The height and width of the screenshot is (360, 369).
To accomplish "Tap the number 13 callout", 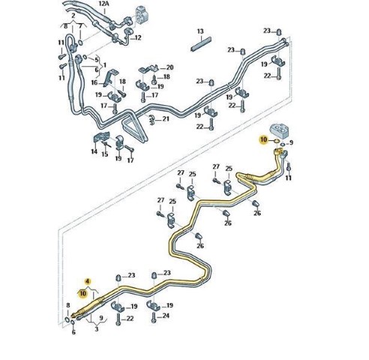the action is click(200, 31).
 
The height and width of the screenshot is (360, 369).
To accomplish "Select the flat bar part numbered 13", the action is click(201, 44).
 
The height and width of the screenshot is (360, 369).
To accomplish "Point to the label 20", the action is click(169, 67).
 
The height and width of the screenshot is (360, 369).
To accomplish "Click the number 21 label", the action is click(166, 119).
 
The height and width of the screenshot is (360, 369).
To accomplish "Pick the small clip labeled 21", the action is click(151, 120).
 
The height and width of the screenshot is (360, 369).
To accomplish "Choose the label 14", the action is click(94, 151).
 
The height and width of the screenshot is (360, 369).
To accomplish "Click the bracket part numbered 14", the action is click(101, 137).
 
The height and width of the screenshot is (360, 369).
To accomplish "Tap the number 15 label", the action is click(105, 154).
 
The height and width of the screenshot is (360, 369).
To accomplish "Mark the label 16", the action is click(94, 82).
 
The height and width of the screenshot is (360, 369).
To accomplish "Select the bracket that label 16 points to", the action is click(111, 76).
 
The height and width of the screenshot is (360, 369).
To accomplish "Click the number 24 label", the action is click(166, 316).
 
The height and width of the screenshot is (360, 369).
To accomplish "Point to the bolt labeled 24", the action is click(154, 317).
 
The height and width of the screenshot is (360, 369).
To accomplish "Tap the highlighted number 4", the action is click(88, 281).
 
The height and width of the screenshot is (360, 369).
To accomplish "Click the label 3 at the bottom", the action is click(97, 329).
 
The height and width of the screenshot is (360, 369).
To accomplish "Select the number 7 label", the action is click(80, 26).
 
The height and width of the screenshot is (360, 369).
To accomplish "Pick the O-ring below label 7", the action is click(80, 43).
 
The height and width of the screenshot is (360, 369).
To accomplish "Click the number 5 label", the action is click(97, 60).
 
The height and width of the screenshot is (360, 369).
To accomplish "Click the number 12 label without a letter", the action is click(138, 37).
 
